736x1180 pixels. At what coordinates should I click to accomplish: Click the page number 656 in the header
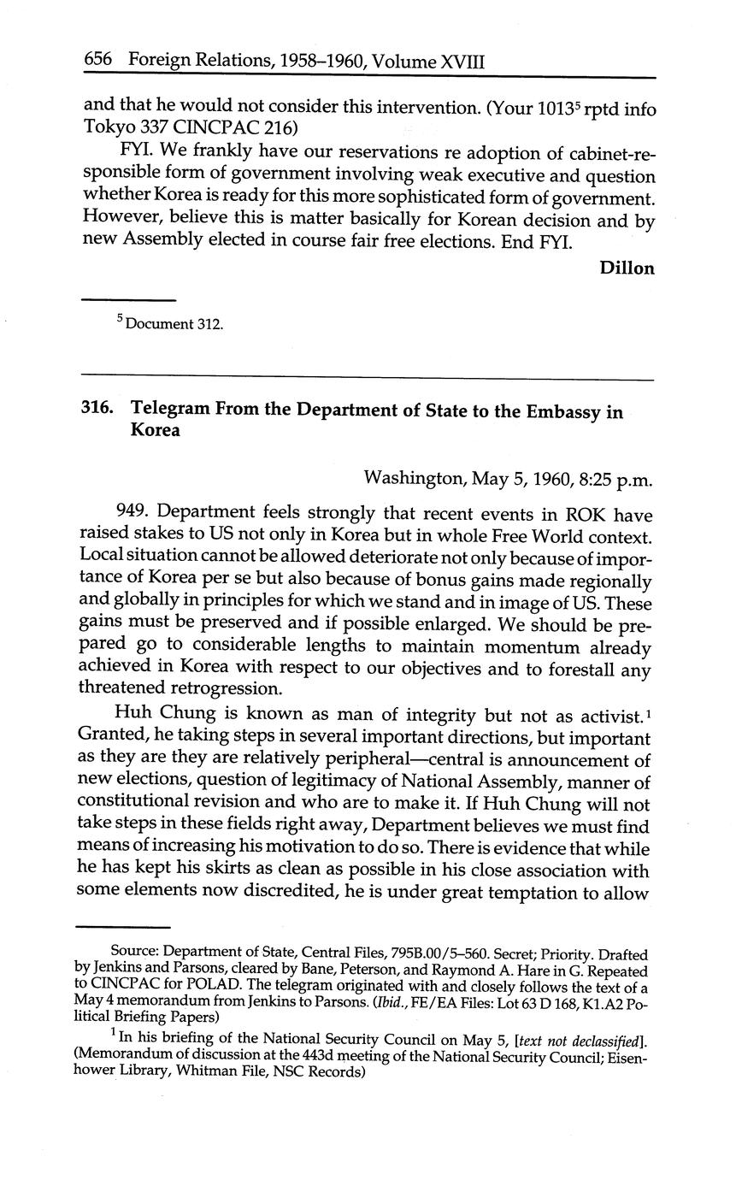tap(98, 60)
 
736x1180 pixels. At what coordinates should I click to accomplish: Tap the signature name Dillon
tap(627, 268)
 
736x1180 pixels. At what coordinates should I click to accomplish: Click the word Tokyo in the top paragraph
tap(109, 131)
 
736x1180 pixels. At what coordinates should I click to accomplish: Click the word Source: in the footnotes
tap(135, 953)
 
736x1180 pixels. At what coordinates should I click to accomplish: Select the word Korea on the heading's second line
tap(156, 430)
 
